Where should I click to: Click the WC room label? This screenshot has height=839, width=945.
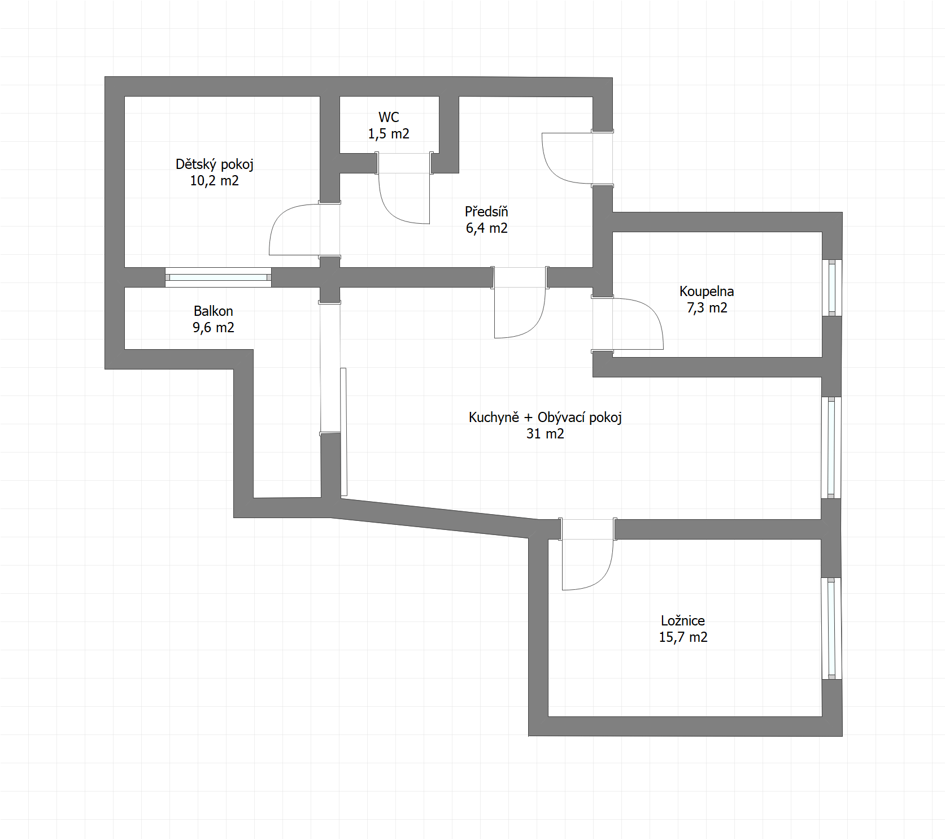click(x=389, y=117)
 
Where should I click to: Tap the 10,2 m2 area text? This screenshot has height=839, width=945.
click(x=214, y=181)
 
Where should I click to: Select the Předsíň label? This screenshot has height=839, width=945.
click(x=486, y=211)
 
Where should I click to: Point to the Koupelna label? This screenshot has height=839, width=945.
click(x=707, y=292)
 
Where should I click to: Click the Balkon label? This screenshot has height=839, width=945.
click(x=213, y=311)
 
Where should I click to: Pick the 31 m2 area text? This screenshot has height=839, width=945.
click(x=545, y=434)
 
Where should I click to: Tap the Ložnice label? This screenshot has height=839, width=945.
click(x=683, y=620)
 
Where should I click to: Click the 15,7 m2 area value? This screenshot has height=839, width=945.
click(x=683, y=637)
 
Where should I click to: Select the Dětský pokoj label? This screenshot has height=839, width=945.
click(x=215, y=164)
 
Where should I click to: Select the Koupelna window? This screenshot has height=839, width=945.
click(x=831, y=288)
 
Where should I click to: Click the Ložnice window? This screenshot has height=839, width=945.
click(x=831, y=628)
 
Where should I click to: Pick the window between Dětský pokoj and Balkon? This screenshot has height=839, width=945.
click(x=218, y=277)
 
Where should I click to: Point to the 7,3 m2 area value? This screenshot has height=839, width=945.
click(x=707, y=308)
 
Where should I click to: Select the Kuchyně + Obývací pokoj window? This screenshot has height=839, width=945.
click(x=831, y=447)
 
